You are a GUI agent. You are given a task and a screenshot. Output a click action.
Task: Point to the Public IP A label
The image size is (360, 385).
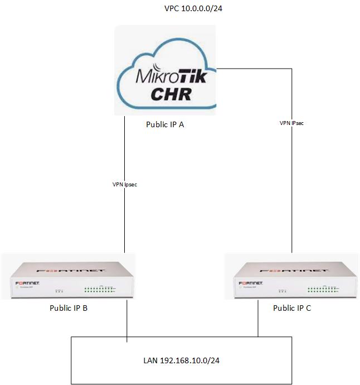click(165, 124)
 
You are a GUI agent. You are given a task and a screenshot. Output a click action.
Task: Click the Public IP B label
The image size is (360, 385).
click(69, 307)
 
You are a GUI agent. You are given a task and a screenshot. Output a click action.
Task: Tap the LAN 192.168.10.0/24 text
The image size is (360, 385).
click(181, 360)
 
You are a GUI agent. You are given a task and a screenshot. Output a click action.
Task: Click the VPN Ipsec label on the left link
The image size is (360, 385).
click(124, 184)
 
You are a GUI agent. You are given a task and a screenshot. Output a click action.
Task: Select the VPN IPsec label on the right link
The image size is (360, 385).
click(291, 122)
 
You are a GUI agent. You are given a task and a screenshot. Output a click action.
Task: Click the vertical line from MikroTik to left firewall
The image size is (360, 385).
click(124, 223)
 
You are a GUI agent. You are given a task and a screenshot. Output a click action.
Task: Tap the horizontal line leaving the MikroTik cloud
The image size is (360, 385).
click(254, 69)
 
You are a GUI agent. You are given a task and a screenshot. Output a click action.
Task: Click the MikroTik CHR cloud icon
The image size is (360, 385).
click(166, 70)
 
